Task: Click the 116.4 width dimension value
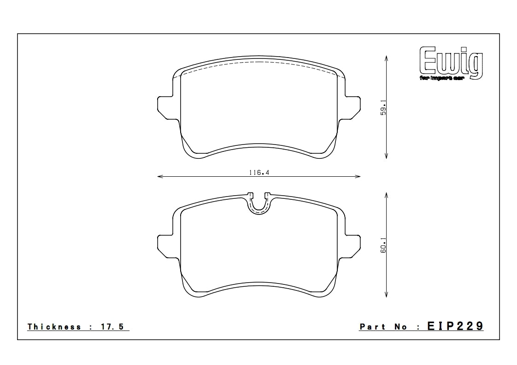[259, 173]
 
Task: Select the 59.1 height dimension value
[383, 107]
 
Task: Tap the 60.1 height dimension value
[383, 245]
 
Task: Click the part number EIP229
[455, 326]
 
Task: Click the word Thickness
[54, 327]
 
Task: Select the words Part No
[383, 327]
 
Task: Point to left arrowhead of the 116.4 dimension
[159, 176]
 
